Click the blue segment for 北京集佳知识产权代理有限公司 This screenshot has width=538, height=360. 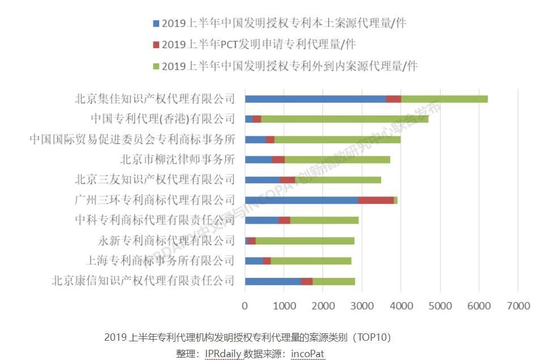[315, 99]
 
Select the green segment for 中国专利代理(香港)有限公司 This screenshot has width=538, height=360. [344, 119]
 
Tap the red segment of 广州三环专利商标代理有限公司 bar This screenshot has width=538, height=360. [375, 200]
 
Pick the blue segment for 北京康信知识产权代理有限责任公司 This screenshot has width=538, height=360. [272, 281]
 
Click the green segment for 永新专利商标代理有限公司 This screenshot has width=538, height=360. [305, 241]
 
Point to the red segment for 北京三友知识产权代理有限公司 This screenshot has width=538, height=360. [287, 180]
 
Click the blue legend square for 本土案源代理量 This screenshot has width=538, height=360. [156, 24]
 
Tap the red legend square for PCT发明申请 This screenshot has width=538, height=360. [156, 45]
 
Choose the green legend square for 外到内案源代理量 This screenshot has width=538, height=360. [156, 66]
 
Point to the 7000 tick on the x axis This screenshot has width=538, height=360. [518, 306]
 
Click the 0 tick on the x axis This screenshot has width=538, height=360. [245, 306]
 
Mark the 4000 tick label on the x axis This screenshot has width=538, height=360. [400, 306]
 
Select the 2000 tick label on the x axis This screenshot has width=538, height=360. [323, 306]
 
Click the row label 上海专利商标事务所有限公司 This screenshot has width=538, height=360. [160, 260]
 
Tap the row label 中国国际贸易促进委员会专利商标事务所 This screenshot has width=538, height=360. [132, 139]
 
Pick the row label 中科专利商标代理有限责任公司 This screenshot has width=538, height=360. [155, 220]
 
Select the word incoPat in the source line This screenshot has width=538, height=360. [308, 354]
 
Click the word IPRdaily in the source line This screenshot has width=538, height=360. [223, 354]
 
